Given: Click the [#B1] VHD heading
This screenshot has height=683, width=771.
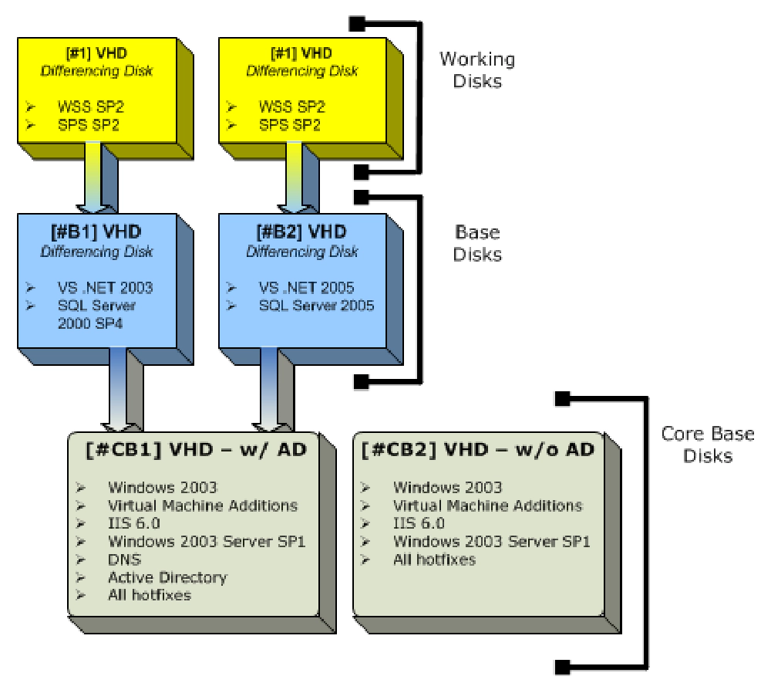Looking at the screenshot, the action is coord(96,232).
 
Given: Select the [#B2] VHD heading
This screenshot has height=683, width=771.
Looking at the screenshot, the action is coord(301,232).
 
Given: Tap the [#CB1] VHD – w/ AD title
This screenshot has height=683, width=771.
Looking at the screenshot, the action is coord(196,450).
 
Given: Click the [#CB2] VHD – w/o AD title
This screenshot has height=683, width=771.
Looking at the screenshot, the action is coord(477,450).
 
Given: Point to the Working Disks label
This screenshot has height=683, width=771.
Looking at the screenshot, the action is coord(477,70).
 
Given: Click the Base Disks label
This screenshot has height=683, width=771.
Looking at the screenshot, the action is coord(477,243).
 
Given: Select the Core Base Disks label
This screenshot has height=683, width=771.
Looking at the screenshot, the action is coord(708,445).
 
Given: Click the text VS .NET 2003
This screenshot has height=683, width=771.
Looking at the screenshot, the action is coord(105,288).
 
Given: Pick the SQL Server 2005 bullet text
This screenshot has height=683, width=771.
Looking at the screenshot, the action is coord(317,306).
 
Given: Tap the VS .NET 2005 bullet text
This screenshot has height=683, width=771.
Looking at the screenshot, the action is coord(306,288).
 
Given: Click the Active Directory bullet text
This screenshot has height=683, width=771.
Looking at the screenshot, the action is coord(167,578).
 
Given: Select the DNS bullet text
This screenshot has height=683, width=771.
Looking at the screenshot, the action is coord(124,560).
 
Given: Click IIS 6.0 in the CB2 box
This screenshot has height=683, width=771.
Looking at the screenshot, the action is coord(419,523).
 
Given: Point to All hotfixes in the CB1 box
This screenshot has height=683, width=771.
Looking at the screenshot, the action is coord(150,596).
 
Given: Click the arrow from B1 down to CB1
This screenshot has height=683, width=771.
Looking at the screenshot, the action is coord(118,390).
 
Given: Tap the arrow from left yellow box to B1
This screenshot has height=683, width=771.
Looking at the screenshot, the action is coord(93,178).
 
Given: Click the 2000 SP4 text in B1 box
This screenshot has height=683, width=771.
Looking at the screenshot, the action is coord(90,324).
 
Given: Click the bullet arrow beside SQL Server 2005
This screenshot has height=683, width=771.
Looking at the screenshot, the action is coord(231,306).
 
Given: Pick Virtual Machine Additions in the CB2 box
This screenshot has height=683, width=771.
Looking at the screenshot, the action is coord(488,505).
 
